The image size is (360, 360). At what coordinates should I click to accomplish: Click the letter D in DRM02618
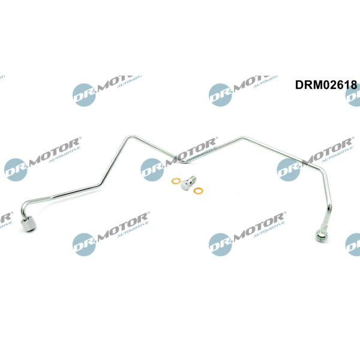pos(299,85)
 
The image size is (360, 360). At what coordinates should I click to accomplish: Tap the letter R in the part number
pos(307,85)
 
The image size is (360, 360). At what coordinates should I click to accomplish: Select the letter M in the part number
pos(317,85)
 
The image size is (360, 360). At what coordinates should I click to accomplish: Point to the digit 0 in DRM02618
pos(325,85)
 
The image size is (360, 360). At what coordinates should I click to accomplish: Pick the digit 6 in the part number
pos(340,85)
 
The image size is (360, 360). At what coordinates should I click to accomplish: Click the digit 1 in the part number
pos(346,85)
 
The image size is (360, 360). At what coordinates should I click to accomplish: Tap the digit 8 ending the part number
pos(353,85)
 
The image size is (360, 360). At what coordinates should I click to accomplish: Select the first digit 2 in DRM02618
pos(332,85)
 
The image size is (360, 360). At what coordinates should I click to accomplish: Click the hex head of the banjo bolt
pos(185,185)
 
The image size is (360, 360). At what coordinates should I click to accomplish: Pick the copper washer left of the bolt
pos(176,181)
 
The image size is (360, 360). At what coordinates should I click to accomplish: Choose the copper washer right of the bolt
pos(198,191)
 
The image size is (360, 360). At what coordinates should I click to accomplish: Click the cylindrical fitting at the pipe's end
pos(28,224)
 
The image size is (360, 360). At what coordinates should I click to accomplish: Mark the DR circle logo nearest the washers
pos(152,169)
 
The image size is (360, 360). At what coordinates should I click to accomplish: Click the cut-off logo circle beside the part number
pos(353,95)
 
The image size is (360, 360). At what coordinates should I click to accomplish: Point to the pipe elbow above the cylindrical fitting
pos(25,206)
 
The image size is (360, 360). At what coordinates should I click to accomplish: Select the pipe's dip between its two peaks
pos(184,161)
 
